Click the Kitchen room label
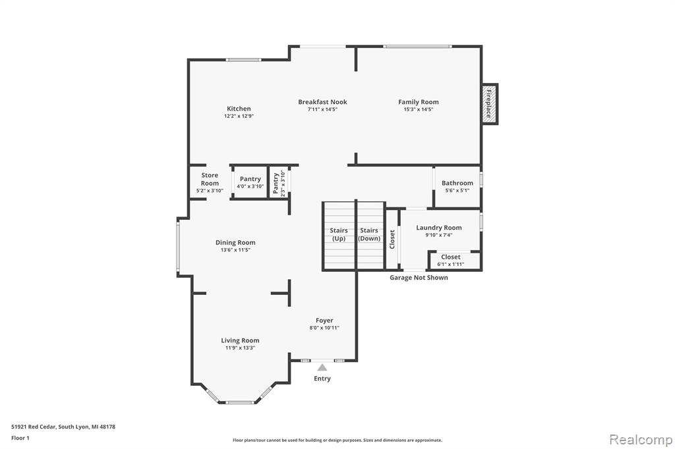coord(239,109)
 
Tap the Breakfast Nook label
coord(322,102)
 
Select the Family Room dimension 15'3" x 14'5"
coord(419,110)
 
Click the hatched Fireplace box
coord(489,104)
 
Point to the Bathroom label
coord(457,183)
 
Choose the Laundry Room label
coord(438,228)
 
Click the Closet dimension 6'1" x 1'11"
coord(451,264)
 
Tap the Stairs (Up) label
coord(339,234)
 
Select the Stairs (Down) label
coord(369,234)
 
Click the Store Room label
coord(210,179)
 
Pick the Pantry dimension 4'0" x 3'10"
coord(250,187)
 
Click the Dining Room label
coord(235,242)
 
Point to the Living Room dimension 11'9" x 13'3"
coord(240,348)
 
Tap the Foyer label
coord(324,321)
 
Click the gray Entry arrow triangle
coord(322,367)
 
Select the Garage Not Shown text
coord(419,278)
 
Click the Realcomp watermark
coord(641,440)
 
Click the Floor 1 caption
coord(20,438)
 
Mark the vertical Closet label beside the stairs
coord(392,239)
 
